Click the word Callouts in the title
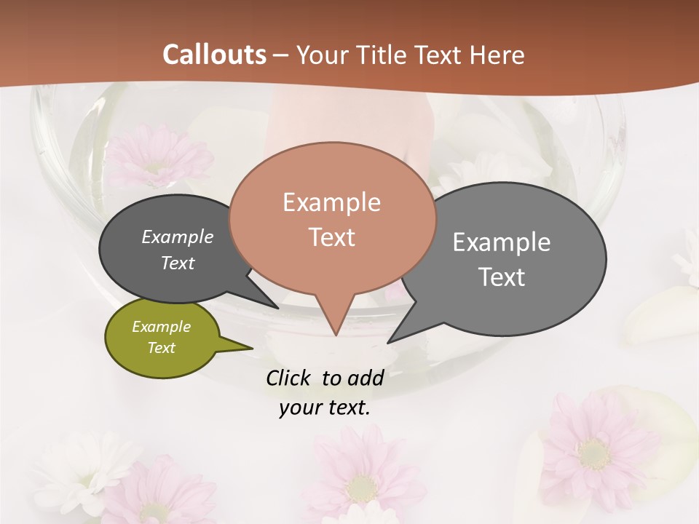[x=214, y=55]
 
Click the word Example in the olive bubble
[x=161, y=327]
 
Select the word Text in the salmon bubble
[x=332, y=237]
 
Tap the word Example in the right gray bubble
[x=502, y=242]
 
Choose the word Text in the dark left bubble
[x=178, y=263]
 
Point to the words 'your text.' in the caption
[x=325, y=408]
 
